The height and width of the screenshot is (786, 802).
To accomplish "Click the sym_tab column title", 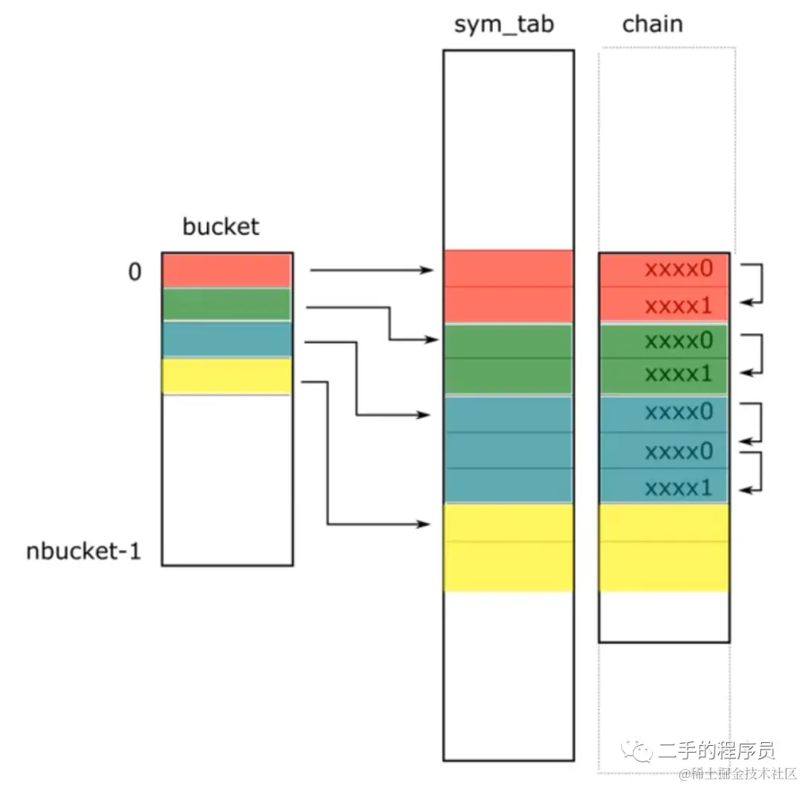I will pyautogui.click(x=504, y=25).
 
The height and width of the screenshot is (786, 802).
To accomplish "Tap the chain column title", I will pyautogui.click(x=652, y=25).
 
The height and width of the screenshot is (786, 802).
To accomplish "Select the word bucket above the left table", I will pyautogui.click(x=221, y=226).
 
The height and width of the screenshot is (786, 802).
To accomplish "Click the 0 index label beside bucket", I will pyautogui.click(x=134, y=273).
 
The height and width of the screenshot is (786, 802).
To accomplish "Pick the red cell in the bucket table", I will pyautogui.click(x=226, y=270).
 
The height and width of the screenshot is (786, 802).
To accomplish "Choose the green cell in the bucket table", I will pyautogui.click(x=226, y=305).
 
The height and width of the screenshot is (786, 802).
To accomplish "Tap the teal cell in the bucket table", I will pyautogui.click(x=226, y=340).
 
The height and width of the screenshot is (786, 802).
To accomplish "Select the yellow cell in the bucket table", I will pyautogui.click(x=226, y=376).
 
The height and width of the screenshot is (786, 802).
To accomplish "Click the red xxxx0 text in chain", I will pyautogui.click(x=679, y=269).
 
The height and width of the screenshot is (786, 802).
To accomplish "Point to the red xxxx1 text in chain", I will pyautogui.click(x=679, y=305).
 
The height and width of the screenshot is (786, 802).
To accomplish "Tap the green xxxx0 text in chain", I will pyautogui.click(x=679, y=341).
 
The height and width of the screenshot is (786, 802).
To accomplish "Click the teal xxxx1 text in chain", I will pyautogui.click(x=679, y=488).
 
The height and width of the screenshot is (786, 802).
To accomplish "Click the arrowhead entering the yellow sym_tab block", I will pyautogui.click(x=426, y=524).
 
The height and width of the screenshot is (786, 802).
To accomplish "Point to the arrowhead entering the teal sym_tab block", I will pyautogui.click(x=426, y=414).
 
